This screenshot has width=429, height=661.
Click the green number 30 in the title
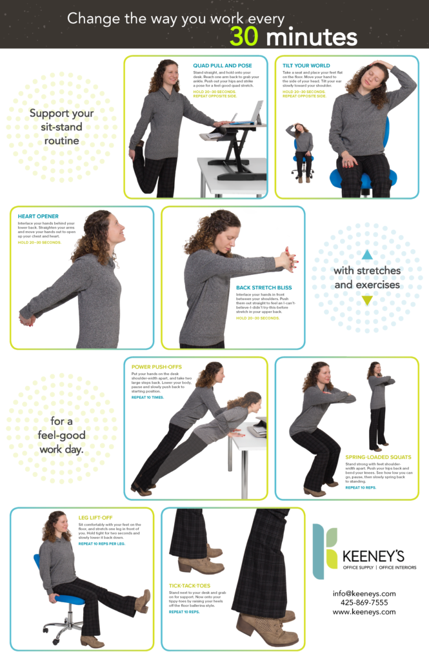244,37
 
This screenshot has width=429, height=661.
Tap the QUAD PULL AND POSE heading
223,66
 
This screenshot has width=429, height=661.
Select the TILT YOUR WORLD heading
306,66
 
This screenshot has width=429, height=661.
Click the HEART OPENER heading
38,216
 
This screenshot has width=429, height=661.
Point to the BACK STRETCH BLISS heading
264,287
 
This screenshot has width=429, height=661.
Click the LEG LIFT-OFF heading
96,517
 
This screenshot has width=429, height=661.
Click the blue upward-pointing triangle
367,254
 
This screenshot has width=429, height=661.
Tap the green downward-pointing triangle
367,300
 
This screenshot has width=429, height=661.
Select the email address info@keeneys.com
364,593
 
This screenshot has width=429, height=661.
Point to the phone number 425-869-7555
364,602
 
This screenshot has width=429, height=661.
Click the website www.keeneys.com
364,611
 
